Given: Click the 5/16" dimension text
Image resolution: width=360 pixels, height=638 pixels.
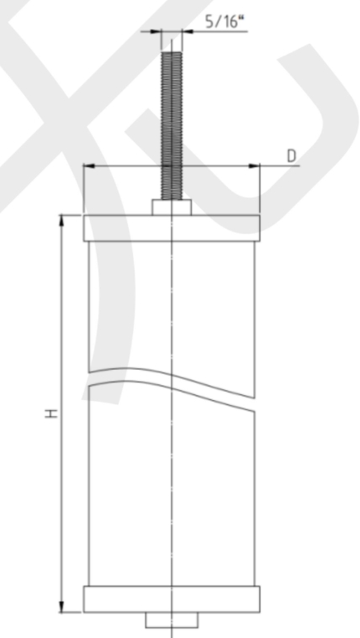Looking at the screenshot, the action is [226, 21].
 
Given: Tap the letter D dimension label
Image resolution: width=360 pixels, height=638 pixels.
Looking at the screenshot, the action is [292, 156].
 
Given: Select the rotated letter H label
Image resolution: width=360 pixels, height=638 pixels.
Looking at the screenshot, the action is [51, 414].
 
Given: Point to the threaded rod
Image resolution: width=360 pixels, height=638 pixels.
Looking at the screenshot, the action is [172, 126].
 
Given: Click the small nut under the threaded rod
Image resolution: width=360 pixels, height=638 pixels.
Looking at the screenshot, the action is [172, 208].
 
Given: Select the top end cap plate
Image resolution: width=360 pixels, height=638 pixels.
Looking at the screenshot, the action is [172, 229].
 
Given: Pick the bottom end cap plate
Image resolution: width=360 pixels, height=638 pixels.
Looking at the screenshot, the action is [172, 599].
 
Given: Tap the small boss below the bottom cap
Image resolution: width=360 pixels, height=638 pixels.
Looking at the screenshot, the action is [172, 620].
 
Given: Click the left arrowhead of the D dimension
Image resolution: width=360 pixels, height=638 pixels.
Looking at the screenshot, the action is [89, 166].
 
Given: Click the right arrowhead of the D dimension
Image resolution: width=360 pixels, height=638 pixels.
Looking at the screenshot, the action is [254, 166].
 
